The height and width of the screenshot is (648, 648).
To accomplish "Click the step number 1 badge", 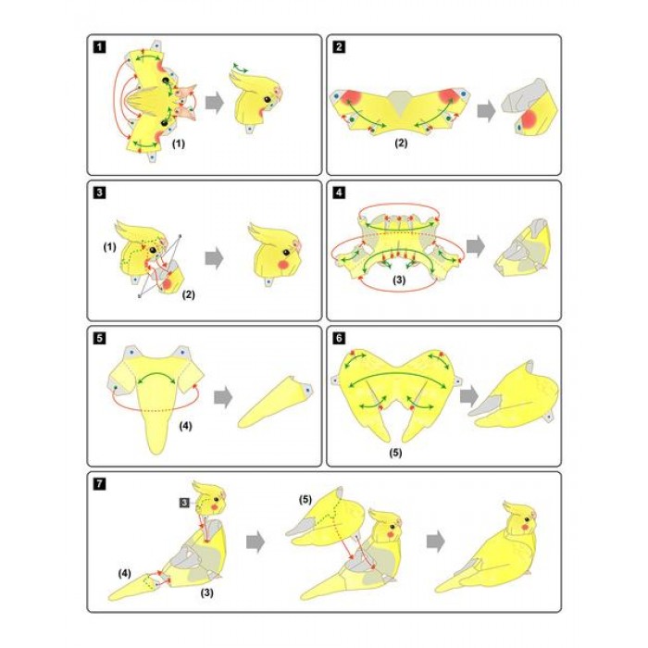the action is point(100,46).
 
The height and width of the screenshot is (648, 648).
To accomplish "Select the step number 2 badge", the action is point(339,46).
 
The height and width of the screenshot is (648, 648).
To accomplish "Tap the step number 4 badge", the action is point(339,193).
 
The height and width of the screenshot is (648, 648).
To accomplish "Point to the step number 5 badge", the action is point(100,339).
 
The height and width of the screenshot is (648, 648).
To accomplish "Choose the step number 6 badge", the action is point(339,339).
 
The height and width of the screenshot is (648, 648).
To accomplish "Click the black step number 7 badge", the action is point(100,484).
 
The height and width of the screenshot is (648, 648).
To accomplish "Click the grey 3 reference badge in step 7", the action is point(184,503).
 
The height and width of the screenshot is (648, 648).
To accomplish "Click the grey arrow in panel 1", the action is point(215,103).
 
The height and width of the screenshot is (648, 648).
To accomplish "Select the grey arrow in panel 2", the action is point(486,110).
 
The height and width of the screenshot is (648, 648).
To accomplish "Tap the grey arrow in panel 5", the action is point(223,397).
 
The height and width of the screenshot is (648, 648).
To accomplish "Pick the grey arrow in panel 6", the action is point(469,396).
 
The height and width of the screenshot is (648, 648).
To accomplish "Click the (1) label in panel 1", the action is point(179,143).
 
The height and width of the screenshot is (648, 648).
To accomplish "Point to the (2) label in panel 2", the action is point(401,143).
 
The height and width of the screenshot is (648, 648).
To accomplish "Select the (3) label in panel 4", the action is point(399,280).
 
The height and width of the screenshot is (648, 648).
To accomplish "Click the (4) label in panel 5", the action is point(185,426).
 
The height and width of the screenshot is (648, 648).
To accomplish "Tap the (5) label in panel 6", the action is point(395,453).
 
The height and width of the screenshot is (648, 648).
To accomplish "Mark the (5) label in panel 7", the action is point(305,500).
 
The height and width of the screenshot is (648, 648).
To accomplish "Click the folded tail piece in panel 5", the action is point(276,402).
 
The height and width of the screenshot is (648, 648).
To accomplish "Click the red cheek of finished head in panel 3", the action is point(282,265).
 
